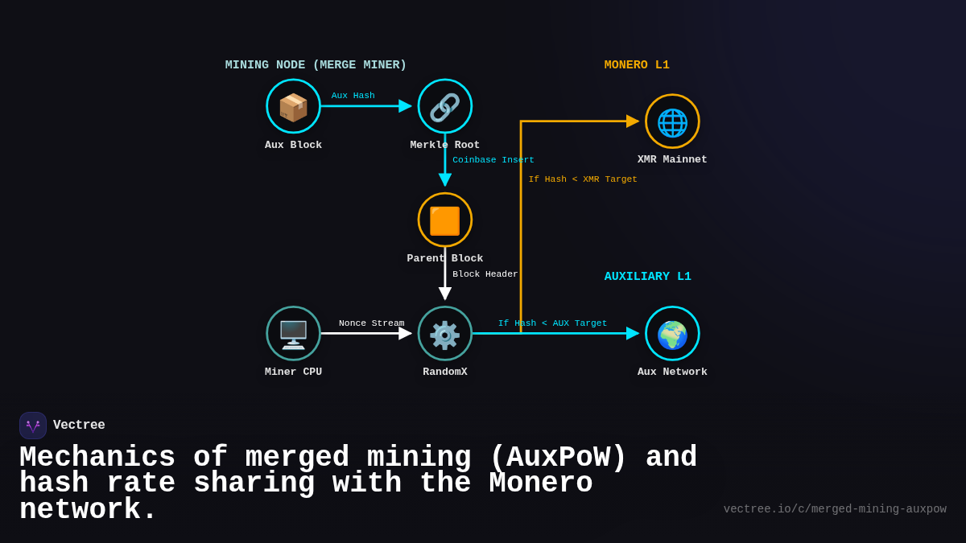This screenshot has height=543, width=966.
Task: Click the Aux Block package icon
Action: [294, 106]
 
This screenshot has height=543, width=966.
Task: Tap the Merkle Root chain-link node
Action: [445, 106]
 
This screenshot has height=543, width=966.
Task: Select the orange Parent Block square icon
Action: [445, 220]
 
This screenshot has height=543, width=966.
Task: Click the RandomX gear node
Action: [445, 333]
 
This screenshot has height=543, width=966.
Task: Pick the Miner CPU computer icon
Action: [294, 333]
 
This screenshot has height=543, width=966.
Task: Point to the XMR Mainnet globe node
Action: [672, 121]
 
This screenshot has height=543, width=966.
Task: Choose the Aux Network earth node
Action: [672, 333]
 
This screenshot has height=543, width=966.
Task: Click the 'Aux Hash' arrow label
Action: [353, 96]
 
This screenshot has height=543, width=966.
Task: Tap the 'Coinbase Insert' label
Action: [493, 160]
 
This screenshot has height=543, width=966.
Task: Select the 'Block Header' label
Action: [485, 274]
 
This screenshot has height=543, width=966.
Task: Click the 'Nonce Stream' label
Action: [371, 323]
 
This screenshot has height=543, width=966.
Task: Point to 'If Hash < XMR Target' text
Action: [583, 179]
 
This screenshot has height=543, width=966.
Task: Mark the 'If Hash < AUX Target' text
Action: [552, 323]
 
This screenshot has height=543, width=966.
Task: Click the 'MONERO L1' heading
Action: [637, 65]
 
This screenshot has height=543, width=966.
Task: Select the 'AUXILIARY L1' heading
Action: [647, 277]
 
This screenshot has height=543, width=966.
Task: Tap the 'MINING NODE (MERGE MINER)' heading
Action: [316, 65]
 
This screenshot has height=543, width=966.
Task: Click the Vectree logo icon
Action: [33, 426]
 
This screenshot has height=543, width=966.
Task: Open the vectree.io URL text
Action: [835, 509]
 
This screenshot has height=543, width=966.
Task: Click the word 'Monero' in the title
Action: [540, 483]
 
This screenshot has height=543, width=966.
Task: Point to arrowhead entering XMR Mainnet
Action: [633, 121]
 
